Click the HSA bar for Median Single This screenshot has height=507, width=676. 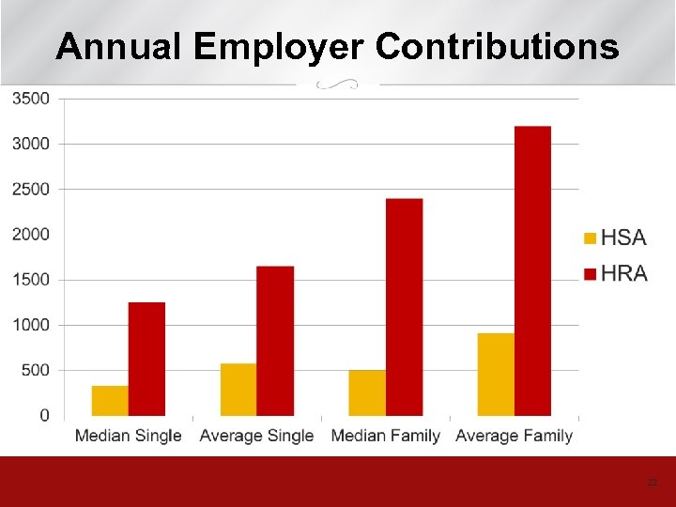click(x=110, y=401)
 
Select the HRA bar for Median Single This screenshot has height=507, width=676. click(x=146, y=359)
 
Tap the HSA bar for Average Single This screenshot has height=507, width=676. click(x=238, y=390)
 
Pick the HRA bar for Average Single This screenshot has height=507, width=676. click(x=275, y=341)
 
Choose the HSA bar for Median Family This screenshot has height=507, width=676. click(x=367, y=392)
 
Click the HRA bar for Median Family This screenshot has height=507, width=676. click(x=404, y=307)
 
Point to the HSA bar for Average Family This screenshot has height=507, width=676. click(x=496, y=375)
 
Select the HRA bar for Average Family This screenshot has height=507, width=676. click(x=532, y=270)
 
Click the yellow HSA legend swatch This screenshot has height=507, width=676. click(x=590, y=238)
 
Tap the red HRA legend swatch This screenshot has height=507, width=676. click(x=590, y=274)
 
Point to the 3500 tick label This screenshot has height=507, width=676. click(x=31, y=98)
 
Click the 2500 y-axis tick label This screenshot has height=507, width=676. click(x=31, y=189)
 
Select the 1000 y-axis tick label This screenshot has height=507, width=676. click(x=31, y=325)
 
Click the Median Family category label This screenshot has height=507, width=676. click(x=386, y=436)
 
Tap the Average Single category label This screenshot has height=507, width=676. click(x=256, y=436)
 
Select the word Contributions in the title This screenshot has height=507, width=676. click(x=498, y=46)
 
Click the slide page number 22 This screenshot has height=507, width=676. click(x=653, y=482)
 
